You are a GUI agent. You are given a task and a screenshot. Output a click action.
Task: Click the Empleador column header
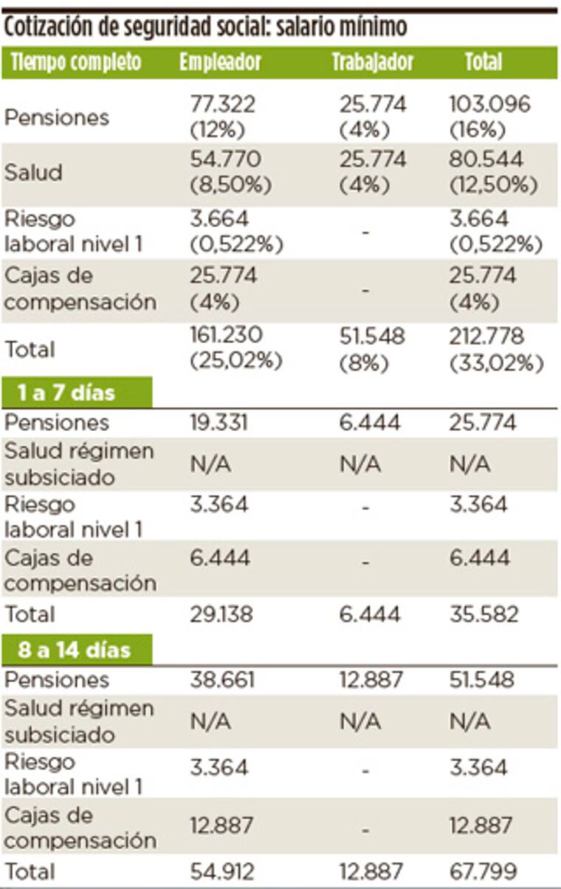pyautogui.click(x=220, y=63)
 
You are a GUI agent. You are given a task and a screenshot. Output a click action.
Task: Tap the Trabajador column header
pyautogui.click(x=372, y=63)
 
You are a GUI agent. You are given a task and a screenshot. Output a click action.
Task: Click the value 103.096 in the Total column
pyautogui.click(x=489, y=105)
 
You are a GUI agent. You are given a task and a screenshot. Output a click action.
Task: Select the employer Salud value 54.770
pyautogui.click(x=224, y=160)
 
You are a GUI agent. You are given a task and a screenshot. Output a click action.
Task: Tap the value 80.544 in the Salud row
pyautogui.click(x=486, y=160)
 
